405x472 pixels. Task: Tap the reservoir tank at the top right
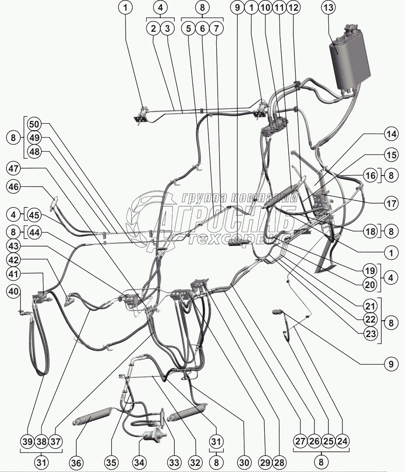(x=350, y=58)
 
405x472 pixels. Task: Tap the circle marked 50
(x=34, y=125)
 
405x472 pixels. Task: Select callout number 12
(x=293, y=8)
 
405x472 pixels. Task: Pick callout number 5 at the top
(x=189, y=28)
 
